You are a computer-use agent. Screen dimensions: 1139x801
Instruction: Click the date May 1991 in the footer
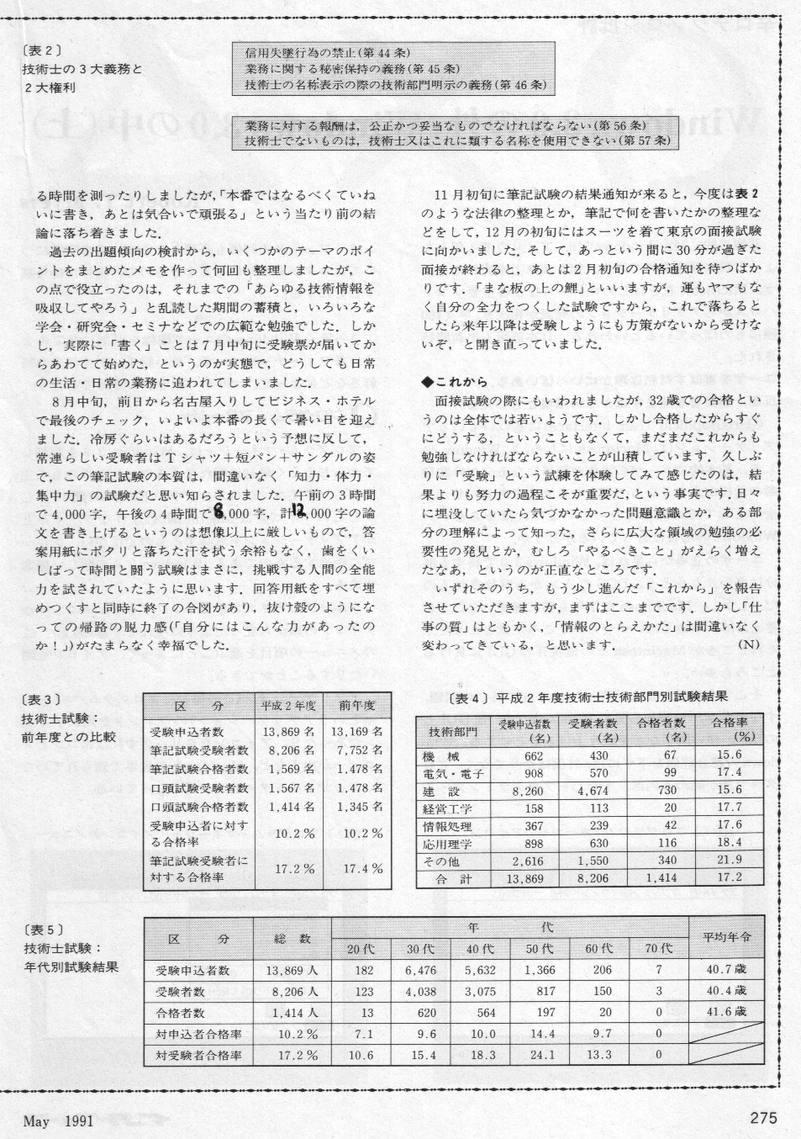[x=58, y=1121]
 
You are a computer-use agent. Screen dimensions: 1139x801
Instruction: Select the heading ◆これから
[x=455, y=382]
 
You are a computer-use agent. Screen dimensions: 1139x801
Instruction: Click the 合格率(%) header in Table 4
[x=725, y=729]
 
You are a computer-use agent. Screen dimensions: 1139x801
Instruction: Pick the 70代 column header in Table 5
[x=658, y=948]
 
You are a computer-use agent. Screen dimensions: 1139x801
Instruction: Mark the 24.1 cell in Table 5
[x=540, y=1055]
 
